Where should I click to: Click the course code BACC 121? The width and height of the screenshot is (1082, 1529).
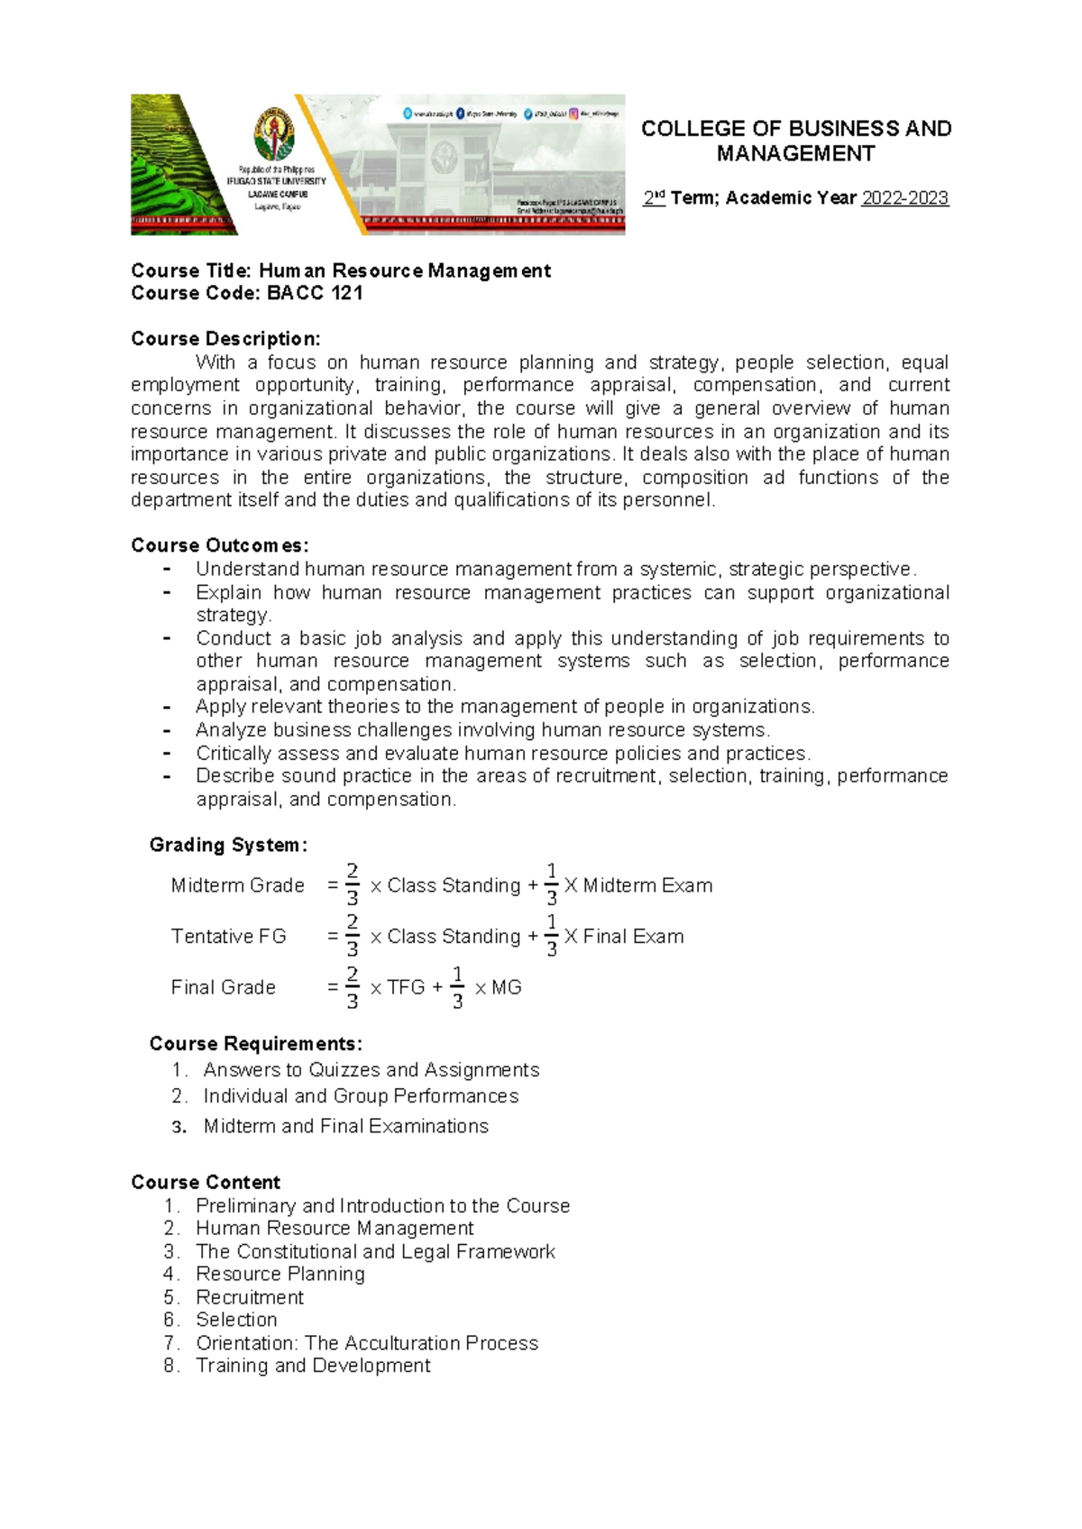[315, 293]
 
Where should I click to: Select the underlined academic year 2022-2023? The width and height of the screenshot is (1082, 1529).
[904, 198]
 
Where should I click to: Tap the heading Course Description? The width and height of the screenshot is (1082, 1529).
[225, 339]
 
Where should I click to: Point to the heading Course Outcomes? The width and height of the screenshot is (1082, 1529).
[219, 545]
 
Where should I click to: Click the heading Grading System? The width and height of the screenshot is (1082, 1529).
[228, 845]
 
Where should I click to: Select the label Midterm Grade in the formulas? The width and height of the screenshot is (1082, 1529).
[237, 885]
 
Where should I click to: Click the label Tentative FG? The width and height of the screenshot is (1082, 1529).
[228, 937]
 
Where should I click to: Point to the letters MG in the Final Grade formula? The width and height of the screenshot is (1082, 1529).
[506, 987]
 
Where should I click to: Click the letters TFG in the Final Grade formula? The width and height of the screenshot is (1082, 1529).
[406, 987]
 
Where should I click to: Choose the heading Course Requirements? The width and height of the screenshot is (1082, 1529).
[255, 1043]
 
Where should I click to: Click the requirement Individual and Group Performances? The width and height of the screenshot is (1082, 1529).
[361, 1096]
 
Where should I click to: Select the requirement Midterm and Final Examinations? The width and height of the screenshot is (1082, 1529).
[345, 1126]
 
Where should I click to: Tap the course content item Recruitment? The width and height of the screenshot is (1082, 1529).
[250, 1297]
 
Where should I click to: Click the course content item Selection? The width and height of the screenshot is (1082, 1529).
[236, 1320]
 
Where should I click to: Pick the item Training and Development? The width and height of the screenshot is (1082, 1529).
[313, 1366]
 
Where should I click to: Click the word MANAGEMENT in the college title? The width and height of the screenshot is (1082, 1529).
[795, 154]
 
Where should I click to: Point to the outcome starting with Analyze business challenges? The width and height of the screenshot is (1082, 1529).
[482, 730]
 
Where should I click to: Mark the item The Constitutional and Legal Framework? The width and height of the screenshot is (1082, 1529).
[375, 1251]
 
